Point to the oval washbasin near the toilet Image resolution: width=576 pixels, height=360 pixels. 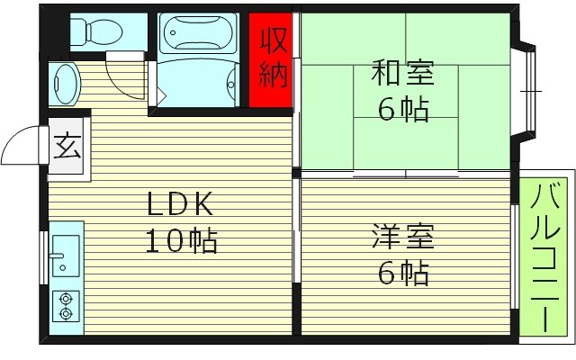coord(66,84)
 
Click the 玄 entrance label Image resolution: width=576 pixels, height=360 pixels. coord(66,144)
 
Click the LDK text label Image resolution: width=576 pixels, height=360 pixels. coord(180,205)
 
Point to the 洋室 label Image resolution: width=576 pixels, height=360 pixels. coord(402,238)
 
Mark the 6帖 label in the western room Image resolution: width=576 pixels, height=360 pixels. coord(402,273)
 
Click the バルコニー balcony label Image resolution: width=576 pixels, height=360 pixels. coord(546,256)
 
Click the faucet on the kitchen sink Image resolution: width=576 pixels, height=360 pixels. coord(59,266)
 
